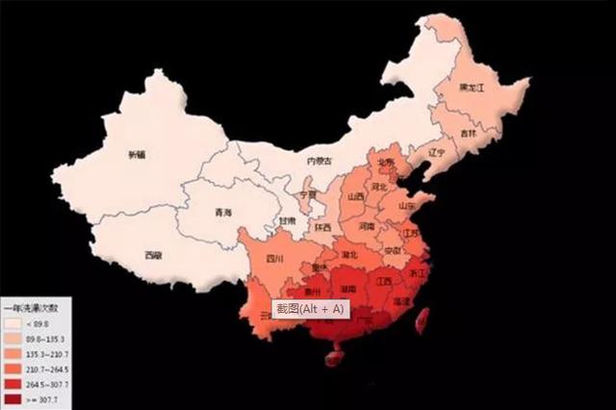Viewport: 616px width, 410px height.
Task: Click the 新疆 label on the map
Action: click(138, 154)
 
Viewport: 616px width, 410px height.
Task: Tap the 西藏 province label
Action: click(153, 255)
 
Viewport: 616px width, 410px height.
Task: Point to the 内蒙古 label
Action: click(319, 161)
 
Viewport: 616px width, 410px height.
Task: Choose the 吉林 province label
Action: click(468, 133)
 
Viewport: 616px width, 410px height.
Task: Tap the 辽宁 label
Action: click(436, 152)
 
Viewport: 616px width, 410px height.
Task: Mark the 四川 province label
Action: click(273, 258)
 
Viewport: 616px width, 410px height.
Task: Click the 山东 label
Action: click(407, 205)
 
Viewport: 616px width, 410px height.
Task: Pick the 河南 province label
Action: click(367, 227)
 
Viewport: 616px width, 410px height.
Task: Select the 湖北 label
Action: click(349, 254)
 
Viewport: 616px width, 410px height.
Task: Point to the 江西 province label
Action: click(384, 281)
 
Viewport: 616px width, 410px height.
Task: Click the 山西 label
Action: click(355, 196)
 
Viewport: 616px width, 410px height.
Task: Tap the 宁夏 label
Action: click(308, 193)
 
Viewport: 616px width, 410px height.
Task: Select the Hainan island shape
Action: click(335, 359)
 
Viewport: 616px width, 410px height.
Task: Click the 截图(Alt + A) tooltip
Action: click(307, 309)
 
